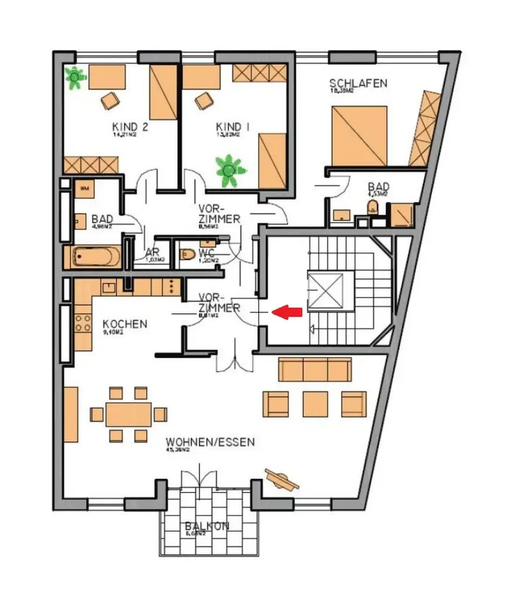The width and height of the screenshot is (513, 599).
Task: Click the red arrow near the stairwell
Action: tap(290, 312)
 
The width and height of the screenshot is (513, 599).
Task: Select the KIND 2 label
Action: tap(126, 127)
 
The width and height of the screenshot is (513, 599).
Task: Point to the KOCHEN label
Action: tap(125, 324)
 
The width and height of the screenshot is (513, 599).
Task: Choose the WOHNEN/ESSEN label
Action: tap(210, 442)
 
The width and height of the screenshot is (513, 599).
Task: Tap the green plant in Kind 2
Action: tap(75, 78)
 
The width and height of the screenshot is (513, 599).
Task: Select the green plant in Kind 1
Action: tap(227, 170)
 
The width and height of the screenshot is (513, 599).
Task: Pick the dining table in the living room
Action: tap(128, 414)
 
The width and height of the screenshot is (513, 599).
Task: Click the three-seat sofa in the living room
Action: tap(315, 370)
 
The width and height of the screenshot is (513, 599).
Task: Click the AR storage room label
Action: tap(152, 253)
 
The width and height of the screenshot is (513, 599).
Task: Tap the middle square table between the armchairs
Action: tap(315, 404)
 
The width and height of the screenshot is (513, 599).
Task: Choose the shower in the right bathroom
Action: tap(401, 214)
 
